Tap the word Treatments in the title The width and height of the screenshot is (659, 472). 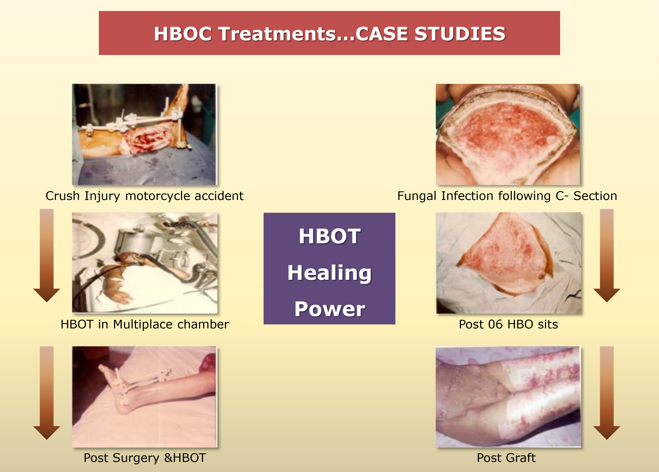tap(277, 34)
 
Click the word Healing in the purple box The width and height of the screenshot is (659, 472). tap(329, 273)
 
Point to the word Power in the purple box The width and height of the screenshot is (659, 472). tap(329, 309)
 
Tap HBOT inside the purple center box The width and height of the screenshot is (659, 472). tap(329, 236)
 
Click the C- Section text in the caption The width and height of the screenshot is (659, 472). tap(587, 196)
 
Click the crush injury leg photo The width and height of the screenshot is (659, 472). tap(144, 134)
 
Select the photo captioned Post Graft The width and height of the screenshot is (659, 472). tap(508, 397)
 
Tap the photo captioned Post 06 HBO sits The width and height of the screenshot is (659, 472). tap(509, 263)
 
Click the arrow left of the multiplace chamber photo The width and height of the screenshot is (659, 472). tap(47, 256)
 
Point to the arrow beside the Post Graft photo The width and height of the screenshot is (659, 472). tap(607, 393)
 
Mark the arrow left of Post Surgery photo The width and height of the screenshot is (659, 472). tap(47, 393)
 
